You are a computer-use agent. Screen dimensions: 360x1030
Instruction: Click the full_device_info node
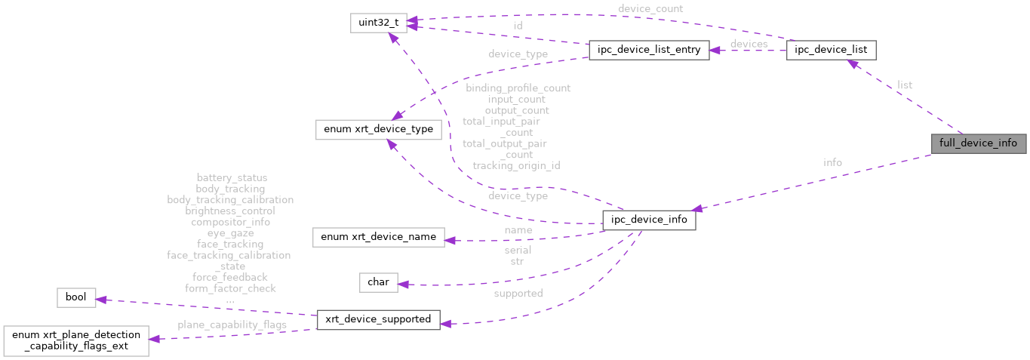pyautogui.click(x=978, y=143)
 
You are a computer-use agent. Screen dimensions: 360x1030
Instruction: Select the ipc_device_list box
pyautogui.click(x=831, y=51)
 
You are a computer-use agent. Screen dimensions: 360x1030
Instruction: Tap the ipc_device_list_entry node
pyautogui.click(x=648, y=51)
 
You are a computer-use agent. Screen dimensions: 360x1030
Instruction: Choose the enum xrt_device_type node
pyautogui.click(x=378, y=129)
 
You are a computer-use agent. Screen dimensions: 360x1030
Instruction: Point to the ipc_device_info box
pyautogui.click(x=648, y=220)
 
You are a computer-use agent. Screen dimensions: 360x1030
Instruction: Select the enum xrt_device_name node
pyautogui.click(x=378, y=237)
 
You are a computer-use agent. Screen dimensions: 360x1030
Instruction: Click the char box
pyautogui.click(x=378, y=282)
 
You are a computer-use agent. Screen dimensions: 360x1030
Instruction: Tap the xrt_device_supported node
pyautogui.click(x=378, y=319)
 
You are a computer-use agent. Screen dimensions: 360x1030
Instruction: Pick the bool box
pyautogui.click(x=76, y=297)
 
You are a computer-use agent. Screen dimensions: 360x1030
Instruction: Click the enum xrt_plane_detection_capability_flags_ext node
pyautogui.click(x=75, y=340)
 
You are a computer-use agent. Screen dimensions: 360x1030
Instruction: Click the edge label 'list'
pyautogui.click(x=905, y=85)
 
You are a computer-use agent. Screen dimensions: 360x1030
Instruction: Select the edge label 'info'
pyautogui.click(x=832, y=162)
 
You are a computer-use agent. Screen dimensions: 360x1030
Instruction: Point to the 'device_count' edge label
pyautogui.click(x=650, y=9)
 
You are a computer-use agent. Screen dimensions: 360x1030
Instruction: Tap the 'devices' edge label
pyautogui.click(x=749, y=44)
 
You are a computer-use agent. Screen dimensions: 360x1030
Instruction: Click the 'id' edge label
pyautogui.click(x=518, y=26)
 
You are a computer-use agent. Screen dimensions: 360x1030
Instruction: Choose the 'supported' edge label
pyautogui.click(x=518, y=294)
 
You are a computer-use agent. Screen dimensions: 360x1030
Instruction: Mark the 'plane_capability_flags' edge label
pyautogui.click(x=232, y=325)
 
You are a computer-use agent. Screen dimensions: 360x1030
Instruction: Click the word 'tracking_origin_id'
pyautogui.click(x=516, y=165)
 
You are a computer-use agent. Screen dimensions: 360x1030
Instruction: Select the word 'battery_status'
pyautogui.click(x=231, y=178)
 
